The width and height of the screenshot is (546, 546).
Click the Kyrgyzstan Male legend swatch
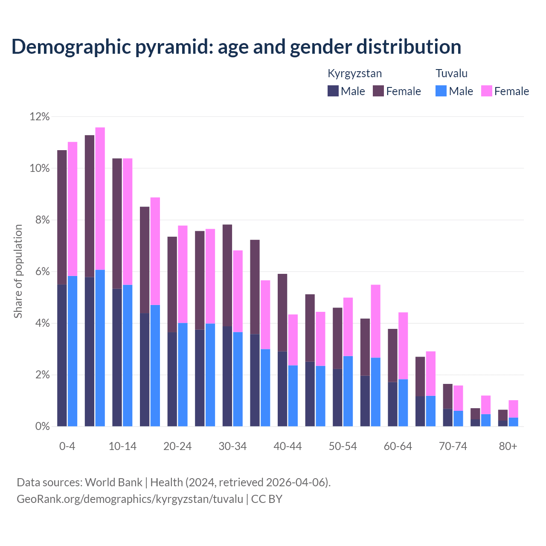[x=333, y=91]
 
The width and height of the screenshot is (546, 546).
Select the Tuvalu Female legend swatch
[x=487, y=91]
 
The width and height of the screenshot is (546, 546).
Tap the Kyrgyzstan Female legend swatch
[x=378, y=91]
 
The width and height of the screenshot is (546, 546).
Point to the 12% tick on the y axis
[x=40, y=116]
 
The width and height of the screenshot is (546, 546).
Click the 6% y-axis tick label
[x=40, y=272]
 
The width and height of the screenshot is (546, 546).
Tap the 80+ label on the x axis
[x=508, y=446]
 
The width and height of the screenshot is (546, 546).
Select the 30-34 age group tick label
[x=232, y=446]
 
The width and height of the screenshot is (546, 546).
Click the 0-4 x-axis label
[x=67, y=446]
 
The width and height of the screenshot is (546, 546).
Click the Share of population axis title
[x=18, y=271]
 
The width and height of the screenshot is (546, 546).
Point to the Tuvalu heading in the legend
[x=451, y=73]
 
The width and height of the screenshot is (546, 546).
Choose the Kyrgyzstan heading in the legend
[x=354, y=73]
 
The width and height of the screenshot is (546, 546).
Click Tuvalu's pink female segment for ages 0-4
[x=73, y=209]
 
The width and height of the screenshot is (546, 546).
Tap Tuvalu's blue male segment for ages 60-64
[x=403, y=403]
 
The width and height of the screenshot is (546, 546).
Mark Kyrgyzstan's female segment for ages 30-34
[x=227, y=275]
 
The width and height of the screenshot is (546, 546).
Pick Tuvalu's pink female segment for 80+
[x=514, y=409]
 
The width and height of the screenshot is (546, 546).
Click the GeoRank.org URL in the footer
[x=130, y=499]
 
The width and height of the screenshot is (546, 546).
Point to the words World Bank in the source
[x=113, y=482]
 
